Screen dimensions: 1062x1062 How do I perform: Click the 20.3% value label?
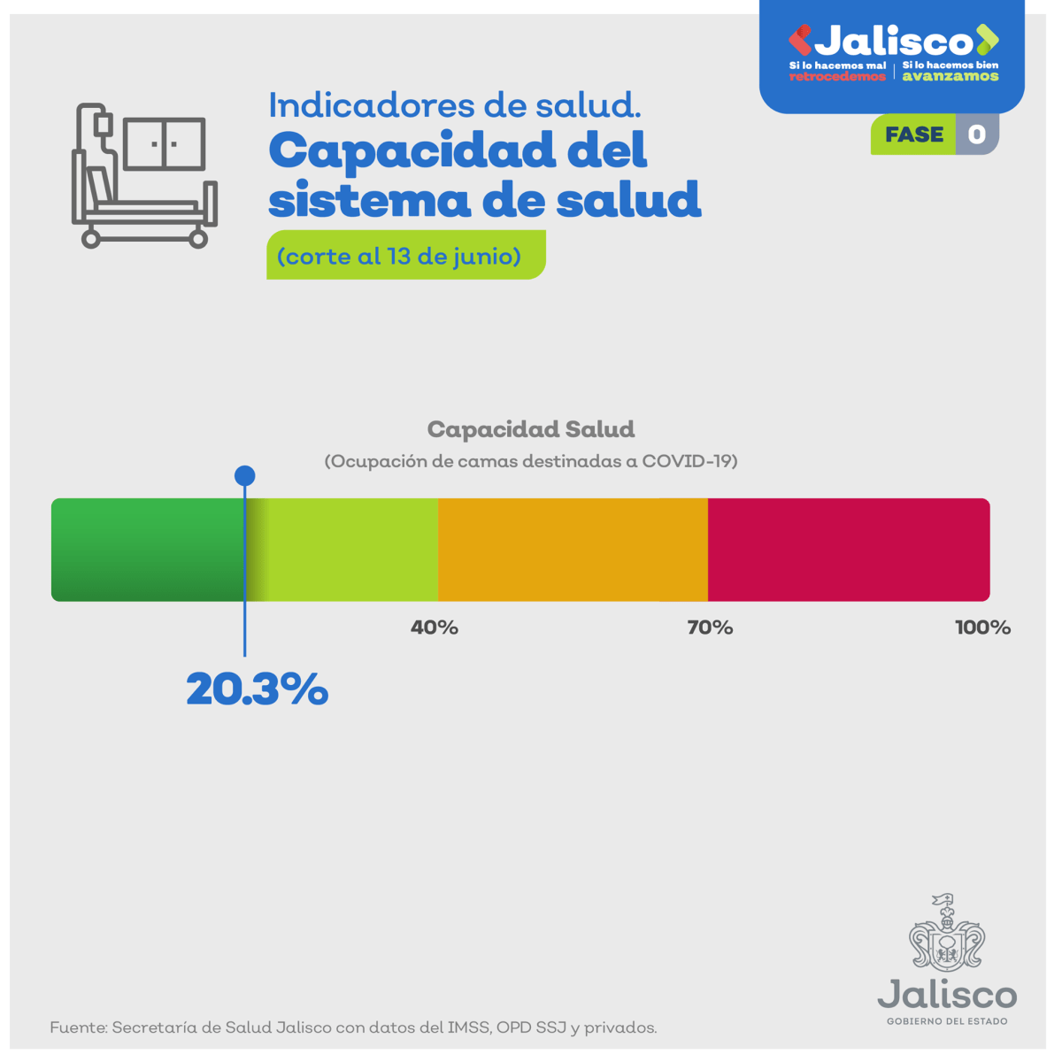pyautogui.click(x=257, y=689)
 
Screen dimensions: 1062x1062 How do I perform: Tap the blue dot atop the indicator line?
pyautogui.click(x=245, y=476)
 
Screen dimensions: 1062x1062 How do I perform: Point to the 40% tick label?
pyautogui.click(x=435, y=627)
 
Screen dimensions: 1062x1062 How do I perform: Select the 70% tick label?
pyautogui.click(x=710, y=627)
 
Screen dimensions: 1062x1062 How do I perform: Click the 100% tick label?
pyautogui.click(x=982, y=627)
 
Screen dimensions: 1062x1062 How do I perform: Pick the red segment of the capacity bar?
pyautogui.click(x=848, y=550)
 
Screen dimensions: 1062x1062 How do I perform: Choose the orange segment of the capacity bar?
pyautogui.click(x=573, y=550)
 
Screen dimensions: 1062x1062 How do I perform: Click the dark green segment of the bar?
pyautogui.click(x=147, y=550)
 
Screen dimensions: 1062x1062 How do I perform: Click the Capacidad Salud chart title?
pyautogui.click(x=531, y=429)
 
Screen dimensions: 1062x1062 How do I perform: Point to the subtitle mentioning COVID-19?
pyautogui.click(x=531, y=461)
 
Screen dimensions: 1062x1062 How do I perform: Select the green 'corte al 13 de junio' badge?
pyautogui.click(x=405, y=256)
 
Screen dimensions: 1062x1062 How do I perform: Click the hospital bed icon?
pyautogui.click(x=144, y=176)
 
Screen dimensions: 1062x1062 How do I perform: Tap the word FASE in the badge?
pyautogui.click(x=914, y=135)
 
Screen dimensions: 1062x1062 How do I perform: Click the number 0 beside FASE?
pyautogui.click(x=977, y=135)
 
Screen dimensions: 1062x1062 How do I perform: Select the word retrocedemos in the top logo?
pyautogui.click(x=837, y=76)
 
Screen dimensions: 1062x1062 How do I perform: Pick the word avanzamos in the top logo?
pyautogui.click(x=950, y=76)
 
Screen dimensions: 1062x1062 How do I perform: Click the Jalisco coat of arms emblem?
pyautogui.click(x=947, y=933)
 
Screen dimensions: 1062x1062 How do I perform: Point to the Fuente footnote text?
pyautogui.click(x=353, y=1027)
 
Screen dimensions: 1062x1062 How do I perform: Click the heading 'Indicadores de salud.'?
pyautogui.click(x=455, y=105)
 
